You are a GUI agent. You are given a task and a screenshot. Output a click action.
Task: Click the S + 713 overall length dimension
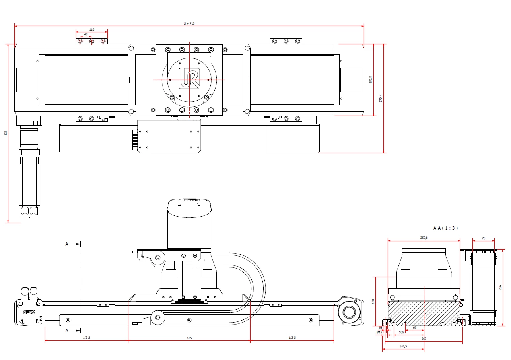pyautogui.click(x=189, y=23)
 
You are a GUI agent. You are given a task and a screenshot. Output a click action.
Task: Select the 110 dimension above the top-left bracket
pyautogui.click(x=92, y=29)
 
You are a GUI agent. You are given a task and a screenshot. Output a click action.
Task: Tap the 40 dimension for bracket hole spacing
pyautogui.click(x=86, y=34)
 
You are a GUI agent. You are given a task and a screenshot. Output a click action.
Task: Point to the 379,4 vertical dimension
pyautogui.click(x=380, y=98)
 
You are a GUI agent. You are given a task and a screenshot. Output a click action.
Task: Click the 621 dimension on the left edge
pyautogui.click(x=6, y=133)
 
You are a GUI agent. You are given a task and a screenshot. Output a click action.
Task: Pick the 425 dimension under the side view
pyautogui.click(x=189, y=338)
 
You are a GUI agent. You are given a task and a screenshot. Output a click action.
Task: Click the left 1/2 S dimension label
pyautogui.click(x=86, y=337)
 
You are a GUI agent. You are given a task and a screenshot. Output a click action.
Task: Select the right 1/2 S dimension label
pyautogui.click(x=292, y=337)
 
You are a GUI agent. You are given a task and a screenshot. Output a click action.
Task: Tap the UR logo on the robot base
pyautogui.click(x=189, y=78)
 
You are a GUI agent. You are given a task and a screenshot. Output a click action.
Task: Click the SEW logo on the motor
pyautogui.click(x=29, y=312)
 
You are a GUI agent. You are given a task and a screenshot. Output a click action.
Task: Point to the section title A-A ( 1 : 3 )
pyautogui.click(x=445, y=228)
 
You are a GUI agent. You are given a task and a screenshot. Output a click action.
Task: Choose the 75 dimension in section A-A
pyautogui.click(x=484, y=238)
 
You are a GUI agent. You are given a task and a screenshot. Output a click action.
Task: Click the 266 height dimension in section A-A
pyautogui.click(x=500, y=288)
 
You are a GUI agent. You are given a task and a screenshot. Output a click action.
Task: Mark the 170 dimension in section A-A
pyautogui.click(x=373, y=301)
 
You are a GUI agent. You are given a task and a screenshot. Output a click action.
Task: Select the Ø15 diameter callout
pyautogui.click(x=379, y=332)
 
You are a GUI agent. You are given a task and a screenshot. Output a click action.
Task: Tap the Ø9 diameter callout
pyautogui.click(x=380, y=328)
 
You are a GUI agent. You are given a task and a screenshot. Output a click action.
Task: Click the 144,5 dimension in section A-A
pyautogui.click(x=403, y=346)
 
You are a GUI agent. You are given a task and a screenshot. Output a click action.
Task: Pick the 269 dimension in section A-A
pyautogui.click(x=424, y=339)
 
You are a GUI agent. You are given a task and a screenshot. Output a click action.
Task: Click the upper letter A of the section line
pyautogui.click(x=67, y=244)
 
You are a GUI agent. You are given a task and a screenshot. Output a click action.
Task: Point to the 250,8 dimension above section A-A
pyautogui.click(x=424, y=238)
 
